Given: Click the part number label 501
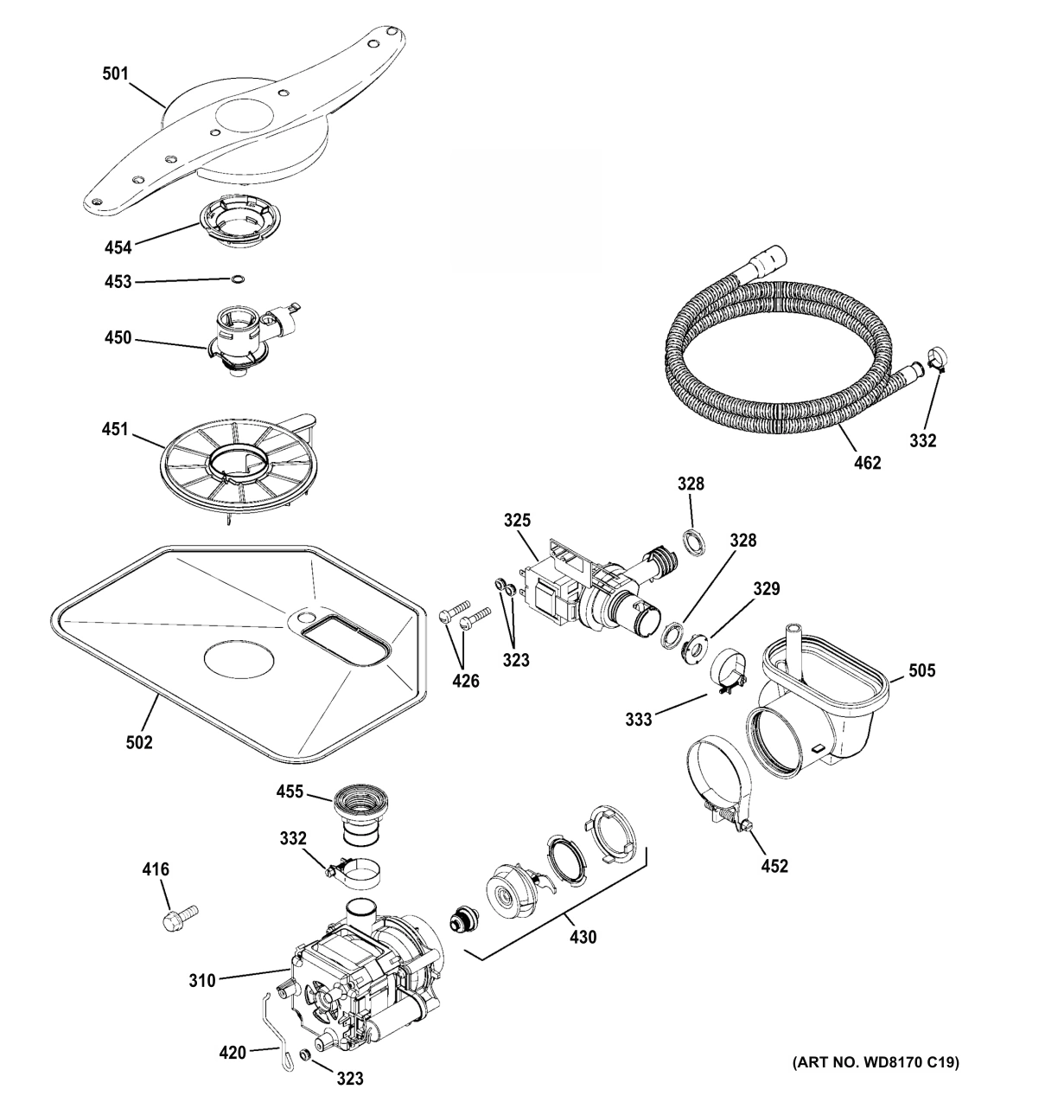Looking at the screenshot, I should [x=115, y=74].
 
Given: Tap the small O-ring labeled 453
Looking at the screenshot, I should [x=239, y=279].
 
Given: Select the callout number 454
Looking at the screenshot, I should [x=118, y=247].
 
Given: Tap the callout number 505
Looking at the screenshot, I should [x=921, y=670].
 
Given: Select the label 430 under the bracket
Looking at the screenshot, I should [x=582, y=936].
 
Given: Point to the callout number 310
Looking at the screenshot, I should [x=202, y=981].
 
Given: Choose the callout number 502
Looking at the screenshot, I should [x=139, y=741].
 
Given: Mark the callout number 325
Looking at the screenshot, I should [x=517, y=520].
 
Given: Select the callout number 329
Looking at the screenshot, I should [x=766, y=589].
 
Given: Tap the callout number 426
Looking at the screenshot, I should [x=465, y=681].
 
